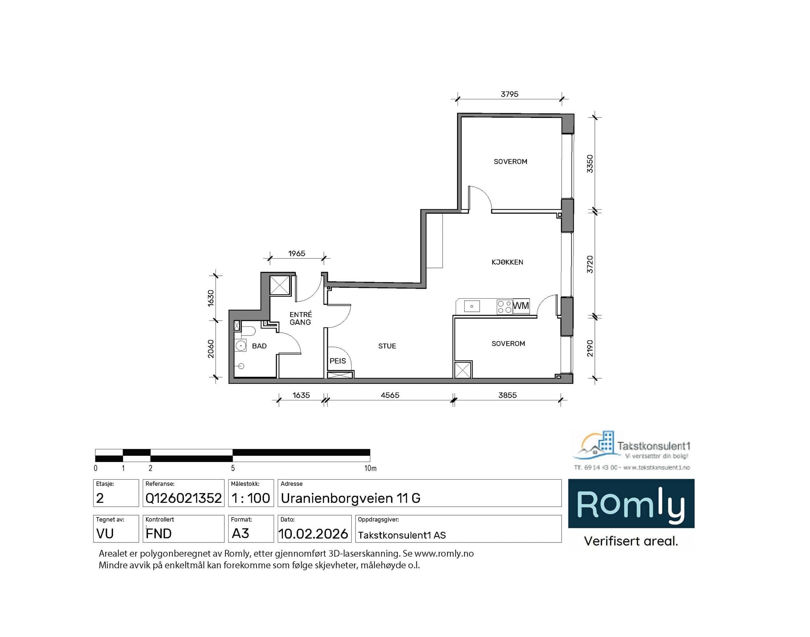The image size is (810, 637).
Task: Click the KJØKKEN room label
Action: tap(507, 262)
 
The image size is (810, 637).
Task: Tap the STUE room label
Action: tap(387, 346)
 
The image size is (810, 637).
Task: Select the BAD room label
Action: tap(259, 346)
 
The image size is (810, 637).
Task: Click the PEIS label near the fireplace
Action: tap(337, 361)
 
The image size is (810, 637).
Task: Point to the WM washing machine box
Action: tap(521, 306)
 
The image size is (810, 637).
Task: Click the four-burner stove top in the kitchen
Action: tap(504, 307)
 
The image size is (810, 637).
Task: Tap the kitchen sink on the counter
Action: tap(471, 306)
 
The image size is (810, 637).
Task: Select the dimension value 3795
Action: tap(509, 94)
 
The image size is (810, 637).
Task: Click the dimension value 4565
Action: tap(390, 395)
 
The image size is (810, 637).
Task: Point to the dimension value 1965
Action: tap(297, 254)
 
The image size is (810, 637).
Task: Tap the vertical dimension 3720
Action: tap(590, 264)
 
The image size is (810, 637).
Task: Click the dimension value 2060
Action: tap(211, 349)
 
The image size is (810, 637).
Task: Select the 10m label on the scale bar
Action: tap(370, 468)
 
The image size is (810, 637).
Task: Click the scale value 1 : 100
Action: tap(251, 498)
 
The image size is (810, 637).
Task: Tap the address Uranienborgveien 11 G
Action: tap(350, 498)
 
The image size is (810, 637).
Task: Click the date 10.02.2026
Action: tap(313, 534)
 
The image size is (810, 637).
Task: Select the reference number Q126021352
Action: tap(184, 498)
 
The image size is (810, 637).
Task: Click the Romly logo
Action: tap(631, 504)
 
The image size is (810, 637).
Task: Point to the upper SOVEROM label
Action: tap(510, 162)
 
